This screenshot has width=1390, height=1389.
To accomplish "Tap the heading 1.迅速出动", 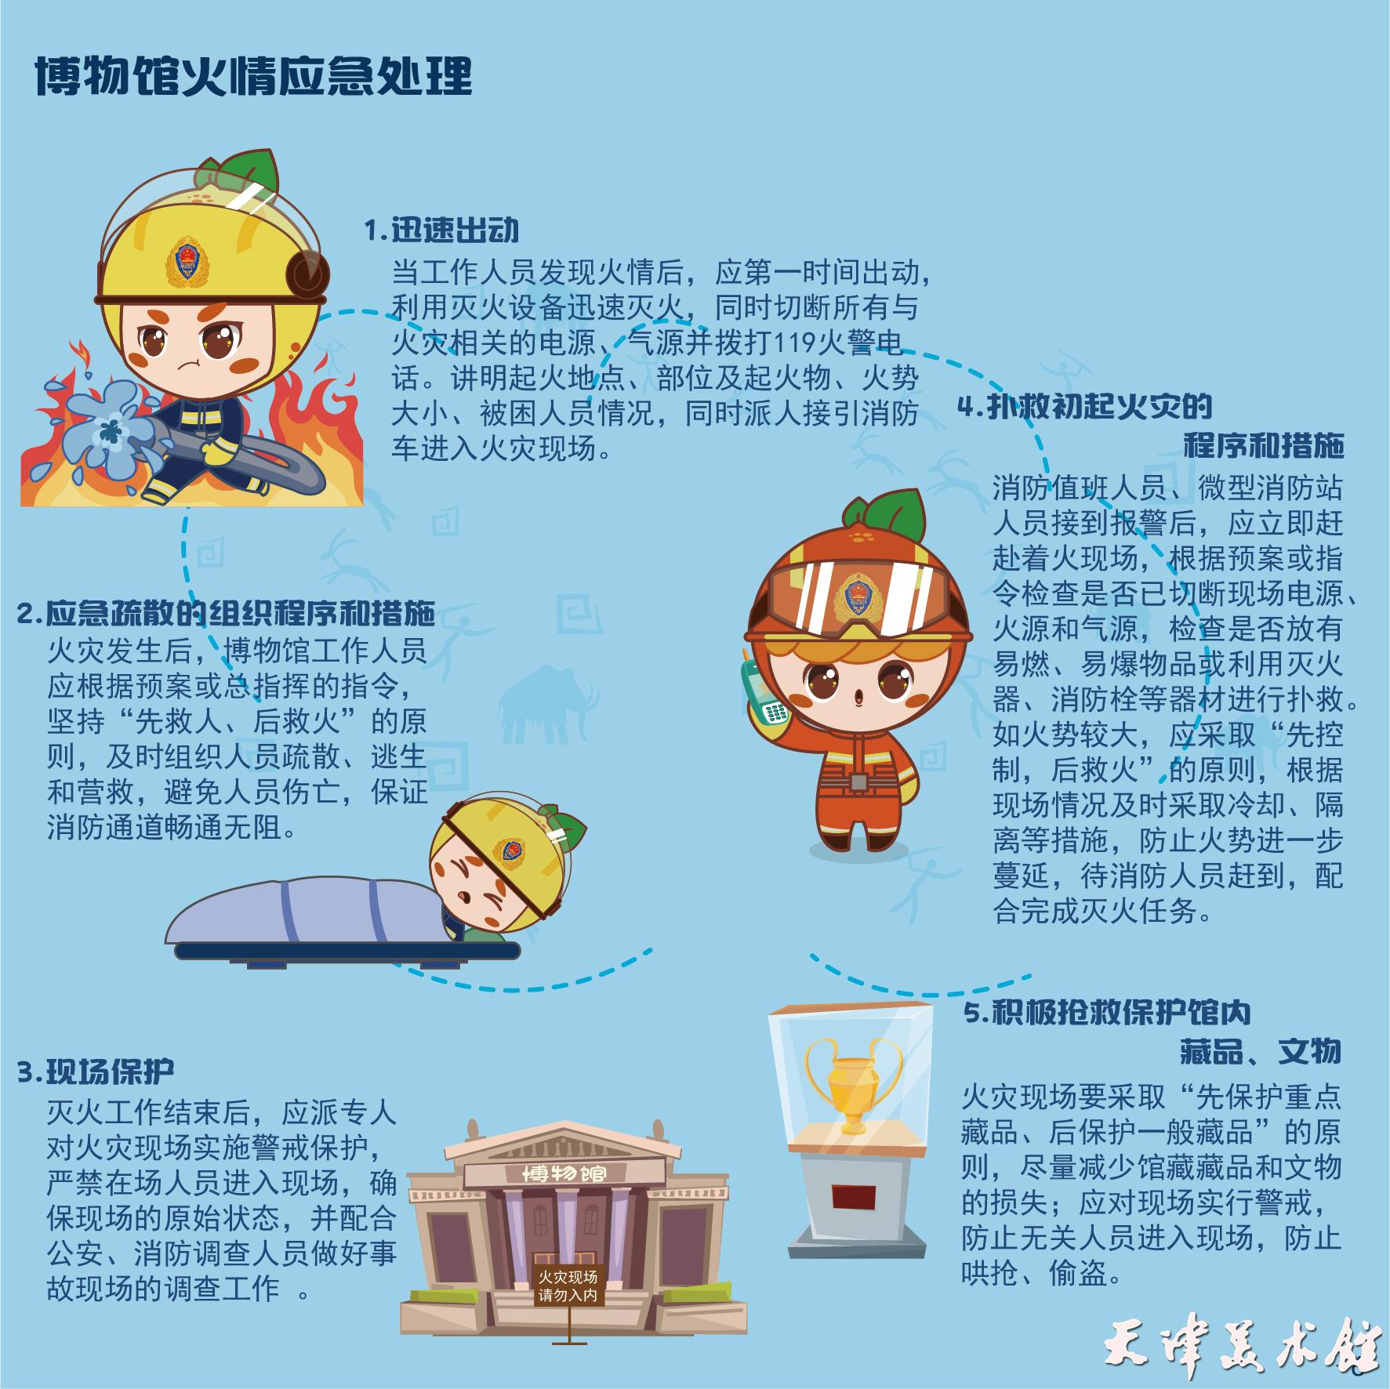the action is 442,231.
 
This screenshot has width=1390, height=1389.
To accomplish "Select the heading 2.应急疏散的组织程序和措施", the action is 226,612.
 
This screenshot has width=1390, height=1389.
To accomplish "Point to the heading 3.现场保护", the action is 96,1071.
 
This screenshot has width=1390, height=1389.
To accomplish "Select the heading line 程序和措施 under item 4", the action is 1264,445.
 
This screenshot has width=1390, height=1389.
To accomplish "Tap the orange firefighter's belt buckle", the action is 858,782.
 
